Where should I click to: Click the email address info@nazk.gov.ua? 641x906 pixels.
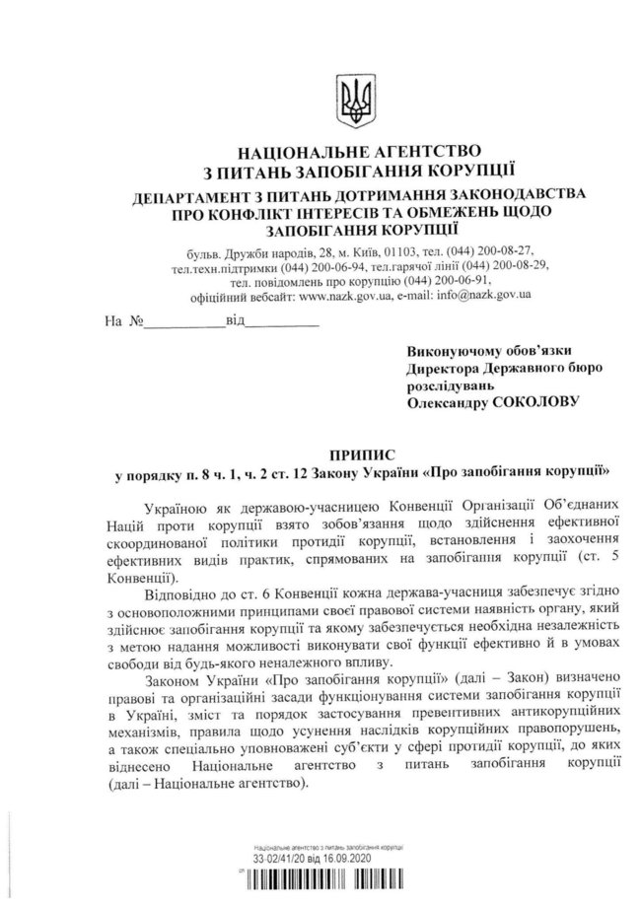[484, 294]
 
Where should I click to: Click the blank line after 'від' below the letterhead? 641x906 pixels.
[281, 322]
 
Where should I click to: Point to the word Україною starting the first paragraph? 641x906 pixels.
[176, 508]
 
